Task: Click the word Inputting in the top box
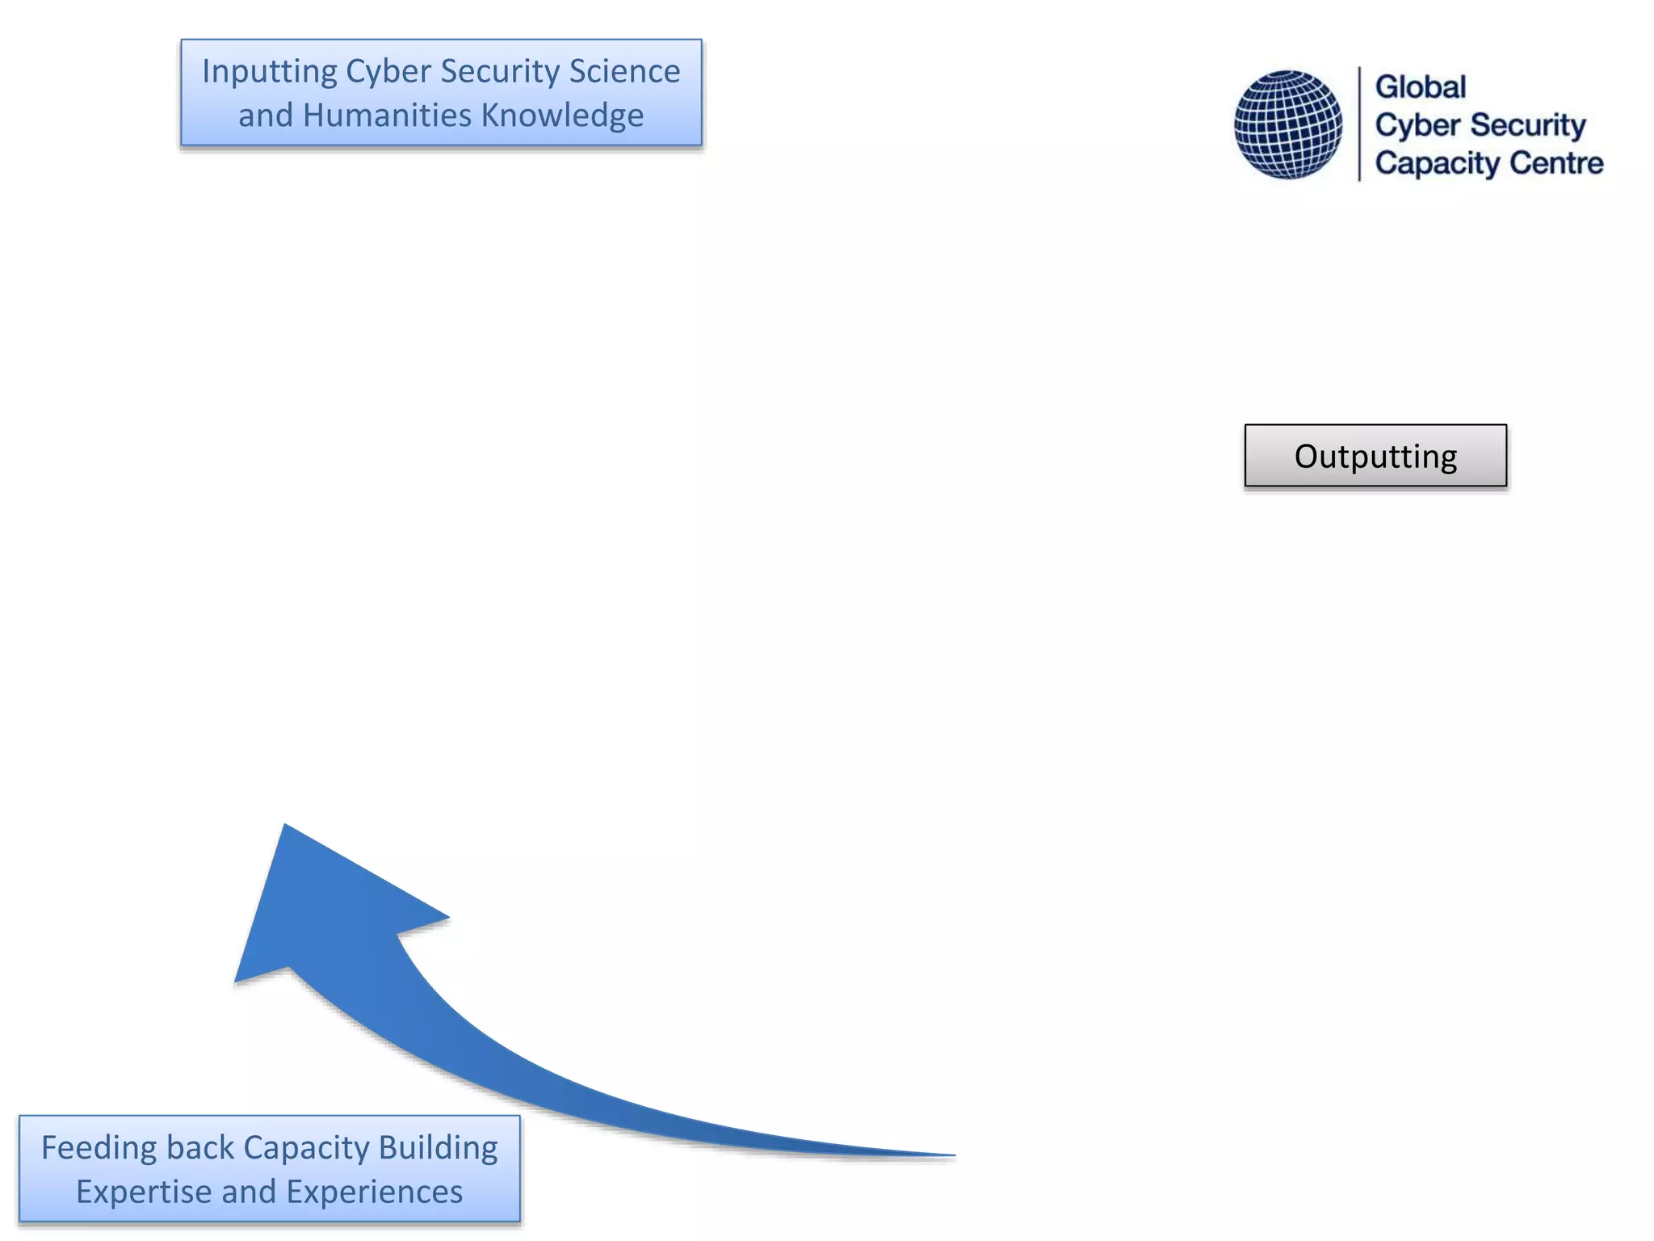[269, 72]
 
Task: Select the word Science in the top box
[624, 72]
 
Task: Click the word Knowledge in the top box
[563, 116]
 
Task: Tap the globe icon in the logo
[1287, 124]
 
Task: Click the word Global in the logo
[1420, 87]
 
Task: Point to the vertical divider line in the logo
[1360, 124]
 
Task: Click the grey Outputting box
[1375, 456]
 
